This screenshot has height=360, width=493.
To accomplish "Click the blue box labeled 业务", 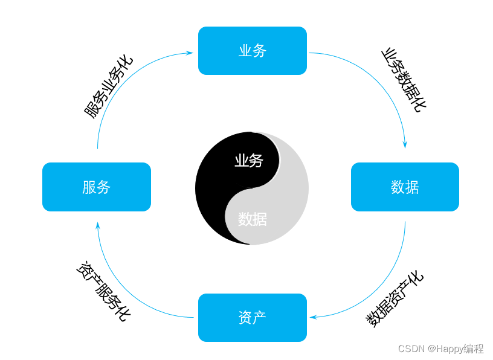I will [x=252, y=51].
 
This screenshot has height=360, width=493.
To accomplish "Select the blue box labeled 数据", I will [x=405, y=187].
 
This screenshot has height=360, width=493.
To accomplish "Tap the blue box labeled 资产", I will [x=252, y=318].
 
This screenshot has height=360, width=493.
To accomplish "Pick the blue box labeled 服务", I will [x=96, y=187].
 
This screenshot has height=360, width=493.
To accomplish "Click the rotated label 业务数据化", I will [x=403, y=79].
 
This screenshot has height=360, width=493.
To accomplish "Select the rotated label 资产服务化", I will [x=103, y=292].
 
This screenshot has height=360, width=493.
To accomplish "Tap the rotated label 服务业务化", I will [x=108, y=87].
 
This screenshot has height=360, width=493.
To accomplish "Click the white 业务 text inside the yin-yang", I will [x=249, y=161].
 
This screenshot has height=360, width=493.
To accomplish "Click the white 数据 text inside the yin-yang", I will [x=252, y=219].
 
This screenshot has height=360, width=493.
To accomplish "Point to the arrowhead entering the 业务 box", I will [x=189, y=53].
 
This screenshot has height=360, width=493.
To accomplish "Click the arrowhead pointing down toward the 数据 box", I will [x=405, y=145].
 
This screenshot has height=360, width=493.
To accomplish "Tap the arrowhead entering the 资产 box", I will [x=313, y=317].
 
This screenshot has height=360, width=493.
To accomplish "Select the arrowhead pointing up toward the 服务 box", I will [x=98, y=226].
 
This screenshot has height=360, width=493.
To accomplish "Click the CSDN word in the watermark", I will [x=411, y=349].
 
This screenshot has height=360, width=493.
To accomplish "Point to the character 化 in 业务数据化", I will [x=418, y=104].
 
